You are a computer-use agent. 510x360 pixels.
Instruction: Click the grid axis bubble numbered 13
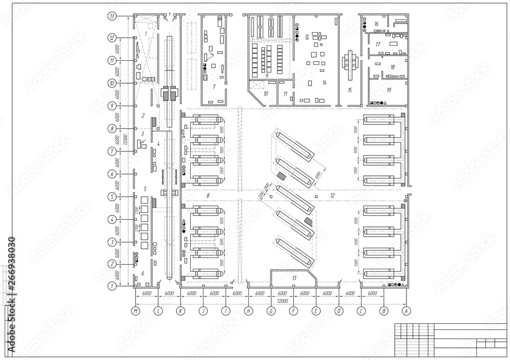pyautogui.click(x=113, y=16)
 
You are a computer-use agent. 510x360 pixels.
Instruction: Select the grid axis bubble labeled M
pyautogui.click(x=135, y=310)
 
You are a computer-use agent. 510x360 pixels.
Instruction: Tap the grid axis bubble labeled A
pyautogui.click(x=406, y=310)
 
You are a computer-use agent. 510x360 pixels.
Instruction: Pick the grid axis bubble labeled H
pyautogui.click(x=248, y=310)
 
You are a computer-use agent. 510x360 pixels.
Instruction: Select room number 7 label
pyautogui.click(x=214, y=87)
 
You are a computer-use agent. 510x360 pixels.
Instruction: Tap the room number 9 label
pyautogui.click(x=267, y=75)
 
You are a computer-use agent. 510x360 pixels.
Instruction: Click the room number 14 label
pyautogui.click(x=323, y=82)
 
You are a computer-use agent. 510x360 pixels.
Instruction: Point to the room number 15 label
pyautogui.click(x=349, y=90)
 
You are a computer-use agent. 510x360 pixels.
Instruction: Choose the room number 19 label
pyautogui.click(x=389, y=90)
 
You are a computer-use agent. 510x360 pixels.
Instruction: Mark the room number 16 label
pyautogui.click(x=376, y=24)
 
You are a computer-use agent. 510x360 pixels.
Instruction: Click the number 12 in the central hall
pyautogui.click(x=332, y=195)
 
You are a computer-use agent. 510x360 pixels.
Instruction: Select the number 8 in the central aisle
pyautogui.click(x=208, y=195)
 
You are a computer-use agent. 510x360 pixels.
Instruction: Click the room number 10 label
pyautogui.click(x=265, y=93)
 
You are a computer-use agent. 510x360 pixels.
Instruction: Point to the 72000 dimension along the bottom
pyautogui.click(x=282, y=301)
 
